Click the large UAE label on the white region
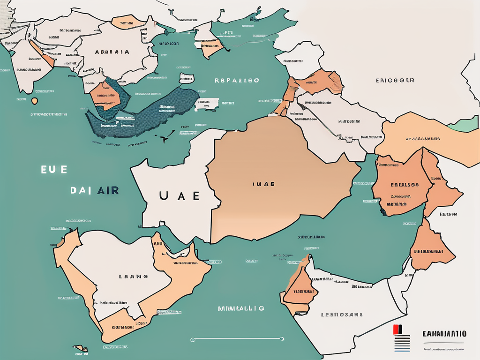(x=180, y=195)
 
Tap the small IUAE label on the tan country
(x=263, y=184)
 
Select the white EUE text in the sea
(x=54, y=170)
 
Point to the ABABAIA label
(x=112, y=52)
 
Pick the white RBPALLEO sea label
(x=237, y=80)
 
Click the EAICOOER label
(x=395, y=80)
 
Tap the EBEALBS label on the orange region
(x=401, y=185)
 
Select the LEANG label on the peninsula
(x=134, y=277)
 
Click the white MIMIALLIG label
(x=241, y=308)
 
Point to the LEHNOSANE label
(x=342, y=315)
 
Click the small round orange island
(x=34, y=100)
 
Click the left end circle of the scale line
(x=193, y=339)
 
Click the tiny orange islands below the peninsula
(x=82, y=348)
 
